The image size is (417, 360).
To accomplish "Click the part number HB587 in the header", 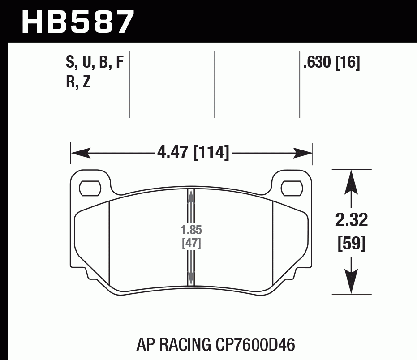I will [77, 21].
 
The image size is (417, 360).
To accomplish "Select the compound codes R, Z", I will [78, 82].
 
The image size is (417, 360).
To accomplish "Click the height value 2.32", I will [352, 220].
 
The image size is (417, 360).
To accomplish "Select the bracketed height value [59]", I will [352, 244].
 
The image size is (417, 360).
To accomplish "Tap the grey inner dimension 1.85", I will [191, 231].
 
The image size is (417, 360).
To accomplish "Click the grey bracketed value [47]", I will [191, 244].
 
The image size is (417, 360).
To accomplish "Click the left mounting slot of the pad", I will [90, 188].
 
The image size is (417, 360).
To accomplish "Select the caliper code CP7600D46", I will [253, 345].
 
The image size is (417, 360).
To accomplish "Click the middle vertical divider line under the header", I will [215, 84].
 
